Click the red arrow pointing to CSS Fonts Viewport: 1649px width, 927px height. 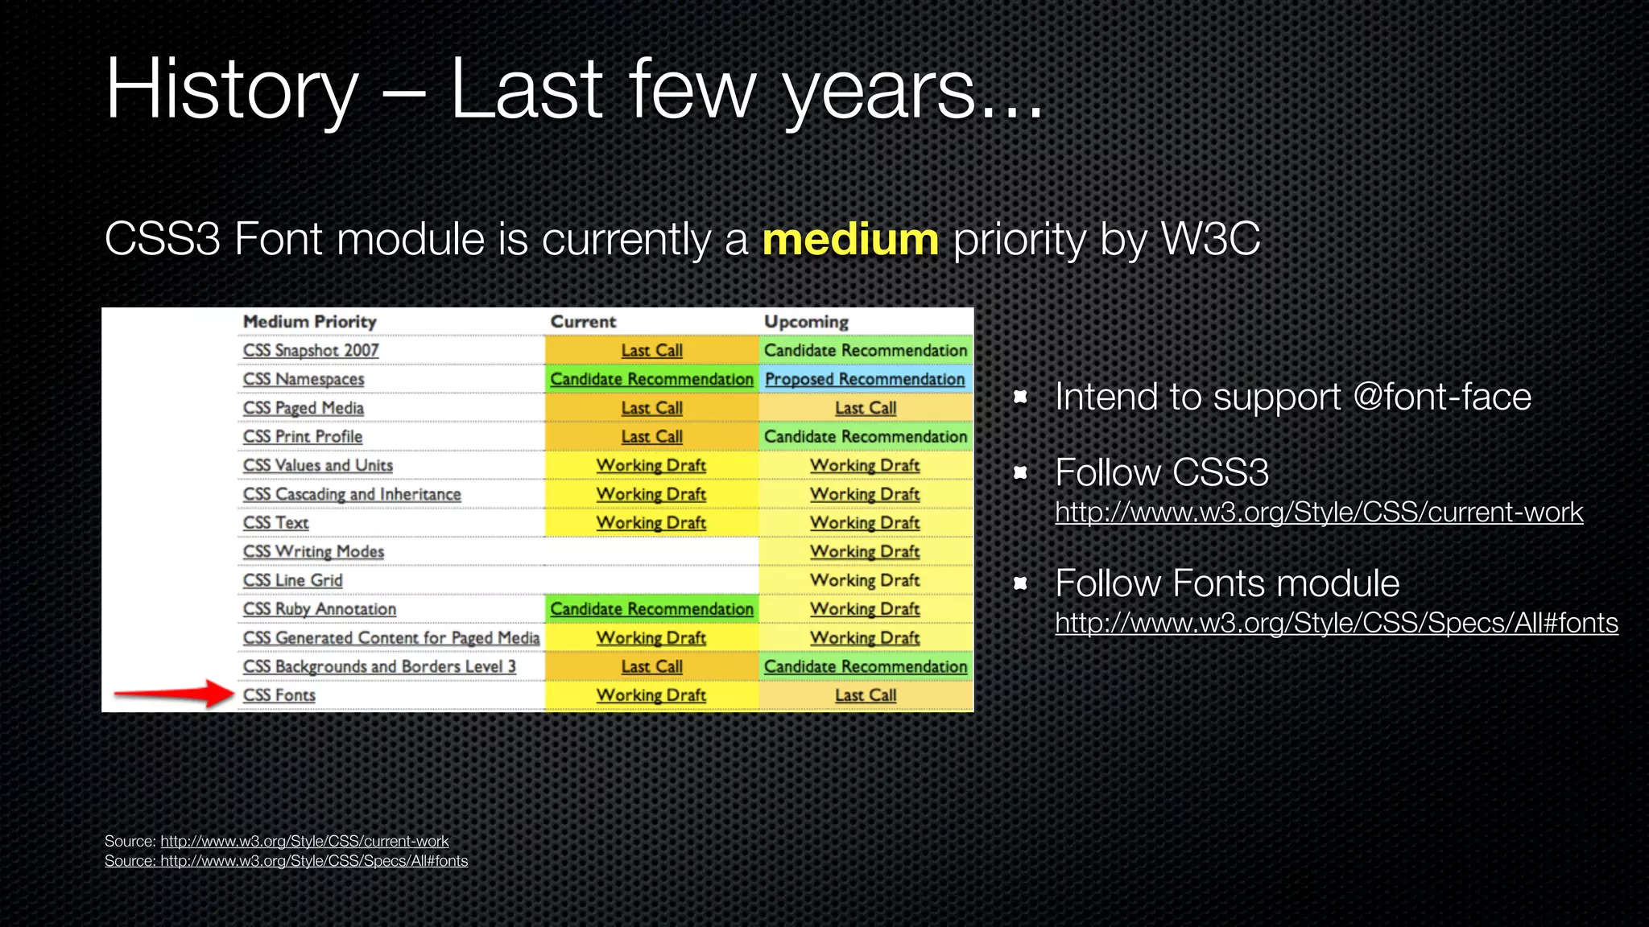tap(173, 694)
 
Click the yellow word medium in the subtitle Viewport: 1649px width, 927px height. tap(850, 240)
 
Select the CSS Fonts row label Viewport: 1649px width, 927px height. tap(279, 695)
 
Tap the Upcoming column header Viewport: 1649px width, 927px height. tap(806, 322)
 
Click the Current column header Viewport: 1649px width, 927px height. tap(583, 322)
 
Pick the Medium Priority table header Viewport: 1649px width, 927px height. tap(310, 322)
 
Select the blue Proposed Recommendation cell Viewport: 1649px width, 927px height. tap(865, 379)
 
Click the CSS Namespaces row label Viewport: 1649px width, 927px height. tap(304, 379)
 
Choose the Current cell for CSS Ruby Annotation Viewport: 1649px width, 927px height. tap(651, 609)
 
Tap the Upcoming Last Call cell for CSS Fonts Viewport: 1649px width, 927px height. tap(866, 695)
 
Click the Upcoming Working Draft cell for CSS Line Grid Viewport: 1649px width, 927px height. tap(866, 580)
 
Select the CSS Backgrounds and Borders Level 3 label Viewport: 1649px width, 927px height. tap(379, 666)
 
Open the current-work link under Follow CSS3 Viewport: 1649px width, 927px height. tap(1319, 513)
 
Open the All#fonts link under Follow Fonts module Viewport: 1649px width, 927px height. tap(1337, 624)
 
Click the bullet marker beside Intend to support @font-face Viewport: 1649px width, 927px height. tap(1021, 397)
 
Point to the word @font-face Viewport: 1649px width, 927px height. tap(1441, 397)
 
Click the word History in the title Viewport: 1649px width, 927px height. tap(232, 90)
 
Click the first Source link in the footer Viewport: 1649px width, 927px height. tap(304, 842)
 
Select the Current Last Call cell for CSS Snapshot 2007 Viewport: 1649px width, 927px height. tap(651, 351)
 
